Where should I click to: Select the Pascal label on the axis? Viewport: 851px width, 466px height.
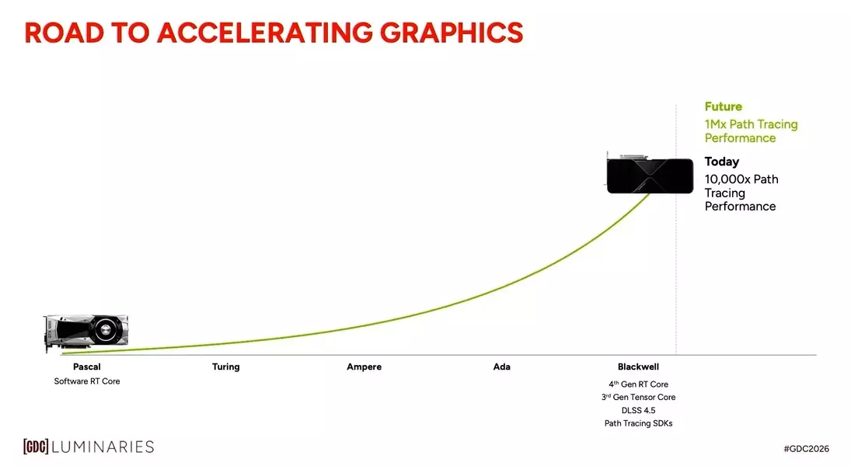click(x=86, y=367)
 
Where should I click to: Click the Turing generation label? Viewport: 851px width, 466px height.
click(x=225, y=367)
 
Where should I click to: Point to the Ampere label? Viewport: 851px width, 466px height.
click(x=364, y=367)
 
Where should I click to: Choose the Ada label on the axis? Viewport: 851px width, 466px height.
click(x=502, y=367)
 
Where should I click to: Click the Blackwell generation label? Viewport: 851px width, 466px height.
click(x=638, y=367)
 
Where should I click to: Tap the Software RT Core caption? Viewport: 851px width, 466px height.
click(x=87, y=381)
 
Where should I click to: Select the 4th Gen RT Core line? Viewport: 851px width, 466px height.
click(x=638, y=384)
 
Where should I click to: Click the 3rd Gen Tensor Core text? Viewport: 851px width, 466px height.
click(x=638, y=397)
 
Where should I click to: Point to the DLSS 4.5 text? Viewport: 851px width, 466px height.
click(x=638, y=410)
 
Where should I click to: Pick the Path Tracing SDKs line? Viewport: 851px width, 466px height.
click(x=638, y=423)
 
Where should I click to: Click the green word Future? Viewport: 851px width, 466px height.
click(x=723, y=106)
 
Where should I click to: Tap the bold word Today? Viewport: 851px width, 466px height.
click(x=721, y=162)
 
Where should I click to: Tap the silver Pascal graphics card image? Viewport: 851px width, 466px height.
click(x=87, y=332)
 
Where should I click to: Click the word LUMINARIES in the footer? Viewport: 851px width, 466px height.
click(x=103, y=447)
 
